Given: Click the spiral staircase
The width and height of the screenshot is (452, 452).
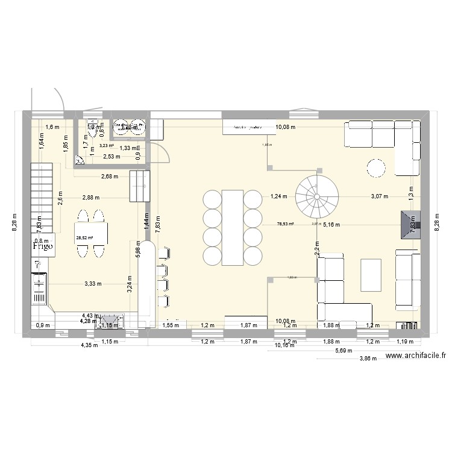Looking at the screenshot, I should (x=316, y=196).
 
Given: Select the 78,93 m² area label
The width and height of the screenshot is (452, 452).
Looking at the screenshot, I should (x=284, y=224).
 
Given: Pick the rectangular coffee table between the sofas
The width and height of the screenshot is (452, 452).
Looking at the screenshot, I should (x=371, y=274).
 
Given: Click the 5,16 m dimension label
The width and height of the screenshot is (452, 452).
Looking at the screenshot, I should (x=331, y=225).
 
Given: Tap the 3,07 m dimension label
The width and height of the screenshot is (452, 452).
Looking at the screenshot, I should (x=378, y=196).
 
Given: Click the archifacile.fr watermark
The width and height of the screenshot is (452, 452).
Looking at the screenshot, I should (x=416, y=356).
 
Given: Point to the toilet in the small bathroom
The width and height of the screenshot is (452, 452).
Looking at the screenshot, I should (x=80, y=160).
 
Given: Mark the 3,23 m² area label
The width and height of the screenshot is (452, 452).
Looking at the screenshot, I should (x=107, y=145).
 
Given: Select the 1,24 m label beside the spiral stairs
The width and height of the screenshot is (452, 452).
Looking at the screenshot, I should (x=278, y=196).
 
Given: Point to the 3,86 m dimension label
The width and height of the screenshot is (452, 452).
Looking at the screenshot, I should (x=368, y=358).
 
